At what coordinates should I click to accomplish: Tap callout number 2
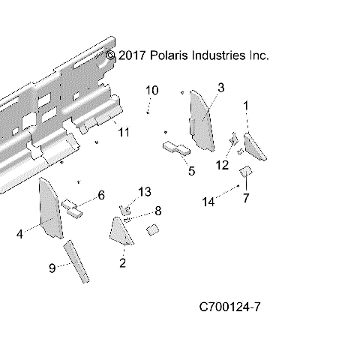point(123,262)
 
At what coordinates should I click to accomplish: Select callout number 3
point(220,88)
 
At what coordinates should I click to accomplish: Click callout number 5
point(190,171)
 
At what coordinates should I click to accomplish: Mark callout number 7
point(245,197)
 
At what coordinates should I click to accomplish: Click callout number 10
point(152,90)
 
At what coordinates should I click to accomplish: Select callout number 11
point(124,132)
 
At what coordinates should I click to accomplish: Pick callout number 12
point(222,165)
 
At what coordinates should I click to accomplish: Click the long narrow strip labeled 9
point(77,262)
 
